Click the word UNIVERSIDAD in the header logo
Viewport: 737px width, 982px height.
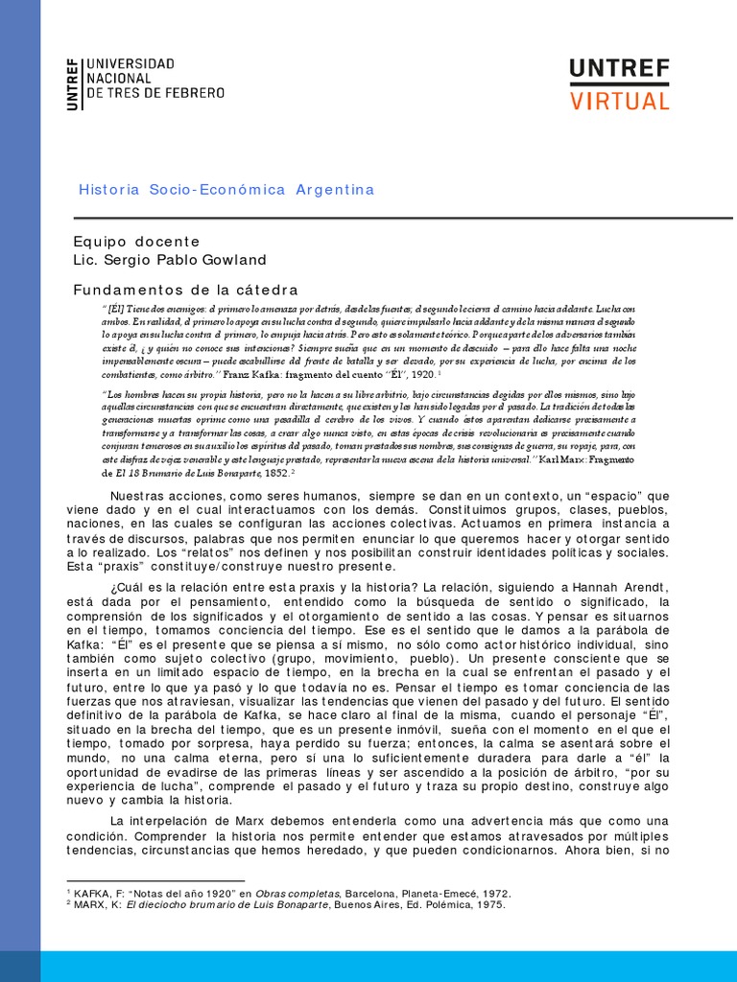131,64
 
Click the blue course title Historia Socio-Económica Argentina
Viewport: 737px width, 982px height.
226,190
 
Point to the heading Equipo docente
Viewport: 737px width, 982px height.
137,242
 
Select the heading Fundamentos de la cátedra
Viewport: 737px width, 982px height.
186,290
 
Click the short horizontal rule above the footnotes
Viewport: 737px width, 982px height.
155,879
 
